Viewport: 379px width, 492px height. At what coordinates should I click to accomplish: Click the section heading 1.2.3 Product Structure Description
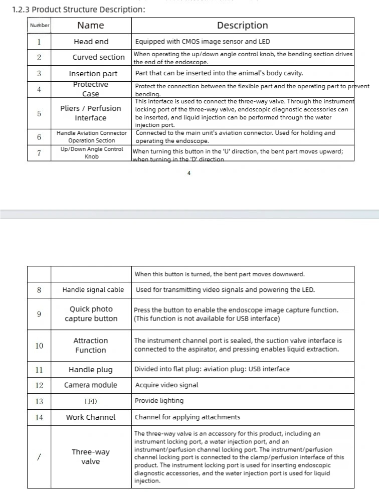[x=79, y=9]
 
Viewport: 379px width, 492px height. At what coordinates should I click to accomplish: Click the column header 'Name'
[x=91, y=26]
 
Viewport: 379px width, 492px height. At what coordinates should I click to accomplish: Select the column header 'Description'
[x=242, y=26]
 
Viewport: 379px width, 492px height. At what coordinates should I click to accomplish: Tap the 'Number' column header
[x=40, y=26]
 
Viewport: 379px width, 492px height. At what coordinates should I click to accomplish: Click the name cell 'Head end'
[x=91, y=42]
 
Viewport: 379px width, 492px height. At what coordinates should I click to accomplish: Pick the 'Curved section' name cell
[x=98, y=57]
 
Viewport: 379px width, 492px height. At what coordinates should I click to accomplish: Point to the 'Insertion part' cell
[x=93, y=74]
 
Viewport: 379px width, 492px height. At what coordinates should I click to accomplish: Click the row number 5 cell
[x=39, y=113]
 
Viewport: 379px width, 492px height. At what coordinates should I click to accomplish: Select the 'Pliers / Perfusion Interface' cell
[x=91, y=113]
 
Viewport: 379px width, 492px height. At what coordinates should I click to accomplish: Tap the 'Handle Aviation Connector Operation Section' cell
[x=92, y=137]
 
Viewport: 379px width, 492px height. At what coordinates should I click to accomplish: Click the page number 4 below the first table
[x=189, y=173]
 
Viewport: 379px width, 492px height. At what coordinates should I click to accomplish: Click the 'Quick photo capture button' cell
[x=91, y=314]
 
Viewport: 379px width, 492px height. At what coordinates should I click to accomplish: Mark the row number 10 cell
[x=39, y=346]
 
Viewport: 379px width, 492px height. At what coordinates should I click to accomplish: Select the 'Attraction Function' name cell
[x=91, y=346]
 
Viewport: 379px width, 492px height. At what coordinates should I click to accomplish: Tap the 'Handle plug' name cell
[x=91, y=370]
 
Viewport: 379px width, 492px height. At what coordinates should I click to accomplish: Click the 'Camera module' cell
[x=91, y=385]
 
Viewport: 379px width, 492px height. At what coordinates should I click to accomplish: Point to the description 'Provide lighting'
[x=159, y=401]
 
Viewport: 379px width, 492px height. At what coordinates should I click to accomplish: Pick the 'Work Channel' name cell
[x=91, y=417]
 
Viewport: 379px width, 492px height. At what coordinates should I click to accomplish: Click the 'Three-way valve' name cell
[x=91, y=457]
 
